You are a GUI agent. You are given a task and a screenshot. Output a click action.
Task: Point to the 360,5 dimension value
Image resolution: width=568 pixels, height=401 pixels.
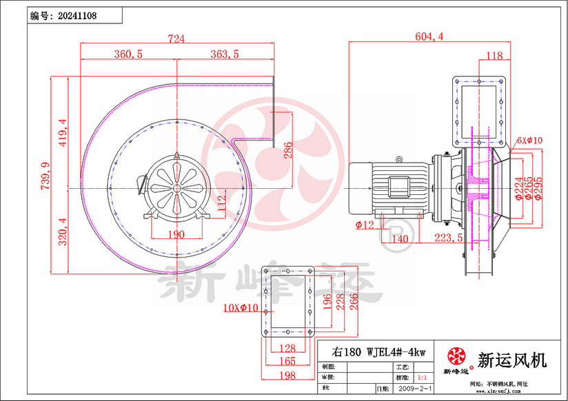127,54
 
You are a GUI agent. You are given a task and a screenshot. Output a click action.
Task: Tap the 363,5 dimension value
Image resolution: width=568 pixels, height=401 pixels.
224,54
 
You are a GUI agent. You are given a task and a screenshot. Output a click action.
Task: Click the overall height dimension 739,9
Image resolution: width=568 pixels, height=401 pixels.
45,176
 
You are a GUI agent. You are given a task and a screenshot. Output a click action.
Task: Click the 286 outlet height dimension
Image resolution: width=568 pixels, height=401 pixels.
290,148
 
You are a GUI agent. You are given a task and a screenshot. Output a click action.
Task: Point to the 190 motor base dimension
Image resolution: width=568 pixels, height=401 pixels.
176,234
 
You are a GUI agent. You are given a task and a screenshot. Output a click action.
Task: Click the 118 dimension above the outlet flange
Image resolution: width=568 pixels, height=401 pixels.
494,56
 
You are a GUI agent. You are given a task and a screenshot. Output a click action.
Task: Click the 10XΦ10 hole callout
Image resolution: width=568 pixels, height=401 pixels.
241,307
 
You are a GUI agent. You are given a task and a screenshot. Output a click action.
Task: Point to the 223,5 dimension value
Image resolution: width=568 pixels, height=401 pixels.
449,238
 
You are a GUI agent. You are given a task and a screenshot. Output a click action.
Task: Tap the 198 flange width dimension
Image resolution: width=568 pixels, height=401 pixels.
287,376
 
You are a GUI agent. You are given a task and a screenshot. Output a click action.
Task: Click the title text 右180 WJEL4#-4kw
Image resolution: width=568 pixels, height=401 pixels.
378,351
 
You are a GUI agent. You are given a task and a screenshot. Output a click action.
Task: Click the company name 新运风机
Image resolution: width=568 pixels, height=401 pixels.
511,359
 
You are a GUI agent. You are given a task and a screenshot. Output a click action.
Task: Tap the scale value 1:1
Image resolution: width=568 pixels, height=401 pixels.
423,378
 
